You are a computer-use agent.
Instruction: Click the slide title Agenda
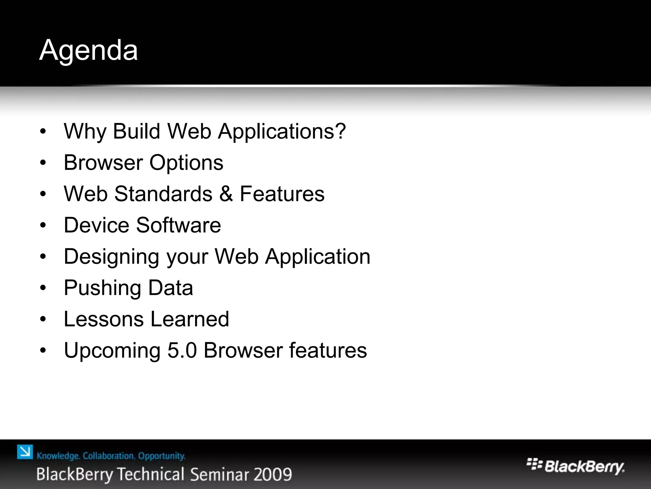click(88, 50)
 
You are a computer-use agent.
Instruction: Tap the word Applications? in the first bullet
click(282, 131)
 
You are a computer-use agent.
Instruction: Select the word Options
click(186, 163)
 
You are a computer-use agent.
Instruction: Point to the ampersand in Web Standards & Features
click(226, 194)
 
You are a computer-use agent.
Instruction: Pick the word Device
click(96, 225)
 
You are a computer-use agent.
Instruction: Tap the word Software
click(179, 225)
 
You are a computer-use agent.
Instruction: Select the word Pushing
click(102, 288)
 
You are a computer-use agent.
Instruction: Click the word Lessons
click(104, 319)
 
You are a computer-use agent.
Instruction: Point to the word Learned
click(190, 319)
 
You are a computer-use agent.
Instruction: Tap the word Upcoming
click(112, 351)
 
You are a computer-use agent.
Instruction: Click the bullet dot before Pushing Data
click(44, 288)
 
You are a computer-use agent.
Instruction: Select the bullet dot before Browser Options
click(44, 163)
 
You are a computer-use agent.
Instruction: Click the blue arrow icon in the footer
click(25, 452)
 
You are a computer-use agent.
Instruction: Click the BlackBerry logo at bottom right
click(575, 467)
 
